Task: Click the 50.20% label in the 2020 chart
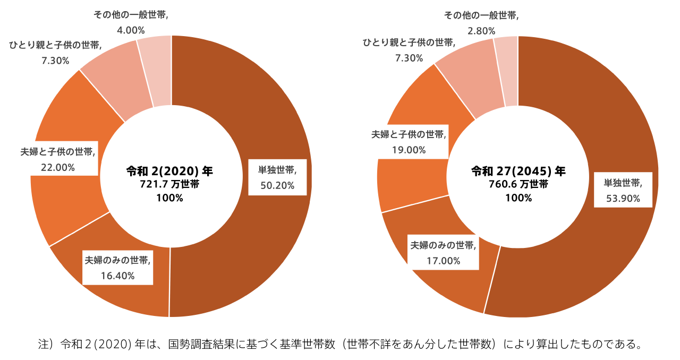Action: coord(277,185)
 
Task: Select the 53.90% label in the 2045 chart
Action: coord(623,199)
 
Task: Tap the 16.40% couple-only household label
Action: coord(117,276)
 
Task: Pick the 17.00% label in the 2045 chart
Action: coord(443,261)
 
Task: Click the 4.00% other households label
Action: coord(131,30)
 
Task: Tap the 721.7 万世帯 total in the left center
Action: coord(169,185)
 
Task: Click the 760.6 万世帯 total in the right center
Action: coord(518,185)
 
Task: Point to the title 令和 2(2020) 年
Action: coord(169,172)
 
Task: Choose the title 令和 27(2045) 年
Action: coord(518,172)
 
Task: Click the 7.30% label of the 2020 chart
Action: coord(55,61)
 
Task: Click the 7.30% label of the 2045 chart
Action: coord(409,57)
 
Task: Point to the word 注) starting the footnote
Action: coord(46,344)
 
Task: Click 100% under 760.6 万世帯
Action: coord(518,198)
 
